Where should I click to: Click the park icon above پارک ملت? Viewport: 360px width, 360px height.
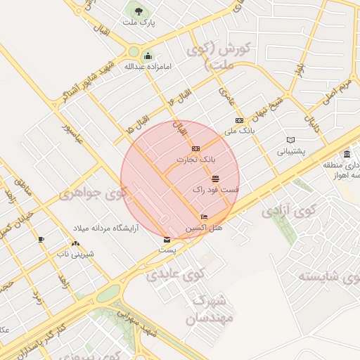click(x=137, y=11)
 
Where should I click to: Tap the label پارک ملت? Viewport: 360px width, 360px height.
click(x=137, y=23)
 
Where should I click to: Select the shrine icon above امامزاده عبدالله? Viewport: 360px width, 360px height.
click(x=148, y=56)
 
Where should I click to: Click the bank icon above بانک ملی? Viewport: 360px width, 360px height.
click(x=239, y=120)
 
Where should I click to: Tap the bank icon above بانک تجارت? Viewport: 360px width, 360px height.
click(x=195, y=148)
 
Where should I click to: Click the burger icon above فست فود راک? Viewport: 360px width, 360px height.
click(x=215, y=179)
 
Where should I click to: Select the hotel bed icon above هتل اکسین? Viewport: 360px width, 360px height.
click(x=204, y=217)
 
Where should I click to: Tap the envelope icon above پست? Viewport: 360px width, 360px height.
click(x=167, y=239)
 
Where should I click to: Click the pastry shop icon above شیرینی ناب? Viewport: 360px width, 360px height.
click(x=75, y=243)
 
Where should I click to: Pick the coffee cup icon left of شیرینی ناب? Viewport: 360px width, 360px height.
click(x=41, y=239)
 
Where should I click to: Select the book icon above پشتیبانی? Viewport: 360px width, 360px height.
click(x=290, y=139)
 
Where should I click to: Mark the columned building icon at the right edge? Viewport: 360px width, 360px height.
click(x=347, y=154)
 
